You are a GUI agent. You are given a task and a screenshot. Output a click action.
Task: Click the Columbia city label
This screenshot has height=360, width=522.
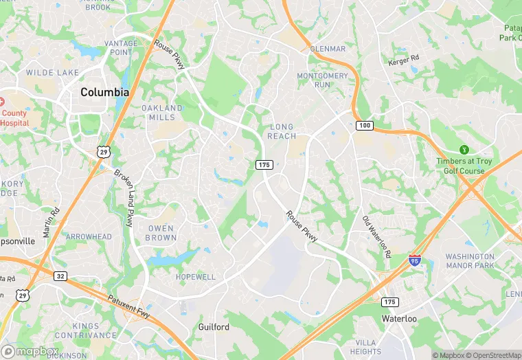click(104, 92)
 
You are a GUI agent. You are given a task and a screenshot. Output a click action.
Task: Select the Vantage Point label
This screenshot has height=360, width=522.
click(121, 47)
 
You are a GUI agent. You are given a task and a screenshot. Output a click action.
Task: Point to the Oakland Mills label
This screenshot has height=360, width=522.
click(162, 113)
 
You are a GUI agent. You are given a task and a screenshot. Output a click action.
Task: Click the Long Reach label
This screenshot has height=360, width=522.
click(282, 131)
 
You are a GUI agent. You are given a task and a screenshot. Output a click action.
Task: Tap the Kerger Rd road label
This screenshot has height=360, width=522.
click(402, 62)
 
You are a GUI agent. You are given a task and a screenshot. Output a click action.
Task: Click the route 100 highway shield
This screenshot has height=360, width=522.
click(363, 126)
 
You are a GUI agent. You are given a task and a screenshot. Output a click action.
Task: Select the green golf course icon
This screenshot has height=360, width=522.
click(464, 150)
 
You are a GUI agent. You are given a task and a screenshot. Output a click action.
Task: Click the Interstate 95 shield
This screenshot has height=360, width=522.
click(415, 260)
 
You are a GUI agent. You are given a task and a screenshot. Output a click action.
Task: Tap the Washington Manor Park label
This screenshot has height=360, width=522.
click(470, 260)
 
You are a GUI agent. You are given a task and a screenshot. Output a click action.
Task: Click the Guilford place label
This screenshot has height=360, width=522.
click(214, 327)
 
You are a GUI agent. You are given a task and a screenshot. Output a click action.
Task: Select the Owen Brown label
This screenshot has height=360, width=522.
click(161, 233)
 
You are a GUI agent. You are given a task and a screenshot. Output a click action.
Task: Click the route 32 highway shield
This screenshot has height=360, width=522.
click(60, 275)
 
